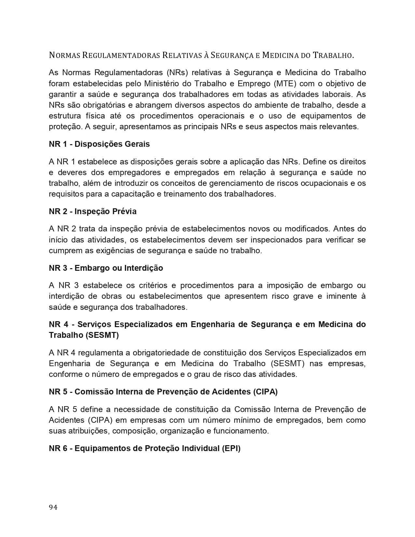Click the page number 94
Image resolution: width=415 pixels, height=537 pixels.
[53, 507]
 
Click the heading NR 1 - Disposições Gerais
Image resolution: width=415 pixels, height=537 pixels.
[99, 144]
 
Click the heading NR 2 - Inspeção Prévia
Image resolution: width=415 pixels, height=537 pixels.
[93, 212]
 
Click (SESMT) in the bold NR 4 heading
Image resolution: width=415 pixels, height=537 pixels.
[102, 335]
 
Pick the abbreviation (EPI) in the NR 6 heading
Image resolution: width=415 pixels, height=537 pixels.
[231, 448]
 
